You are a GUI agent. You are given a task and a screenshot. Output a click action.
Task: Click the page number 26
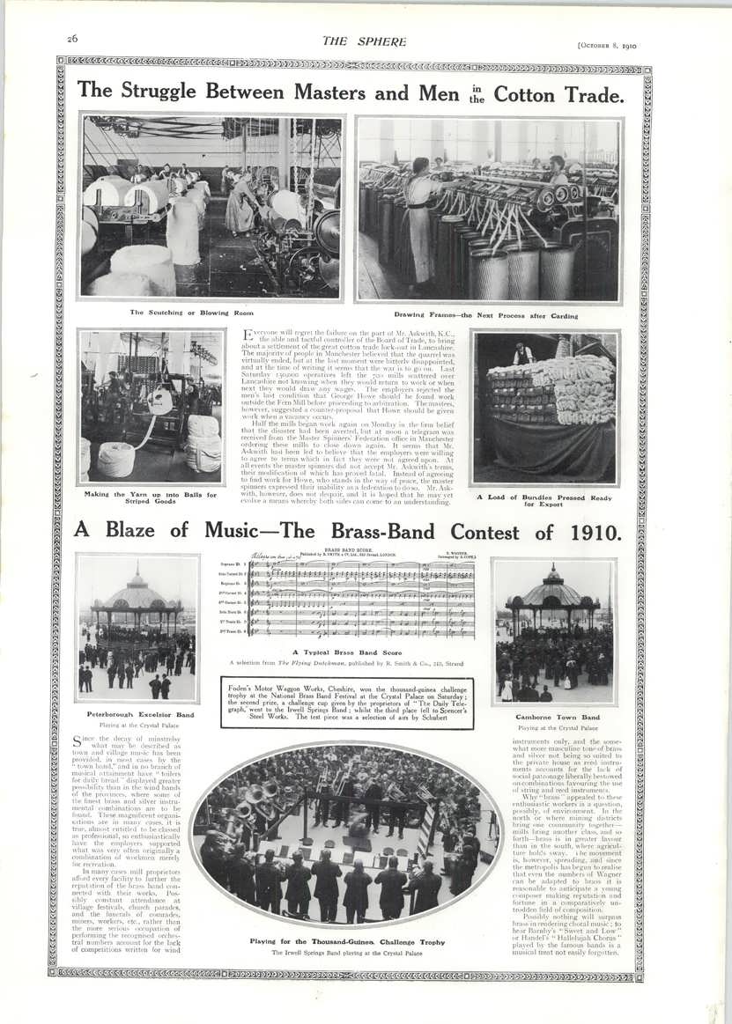coord(73,39)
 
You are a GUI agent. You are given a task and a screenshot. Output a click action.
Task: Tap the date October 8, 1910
coord(606,41)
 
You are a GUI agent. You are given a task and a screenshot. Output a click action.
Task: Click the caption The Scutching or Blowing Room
coord(179,313)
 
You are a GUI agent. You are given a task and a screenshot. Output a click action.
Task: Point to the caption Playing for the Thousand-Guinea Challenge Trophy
coord(347,942)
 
